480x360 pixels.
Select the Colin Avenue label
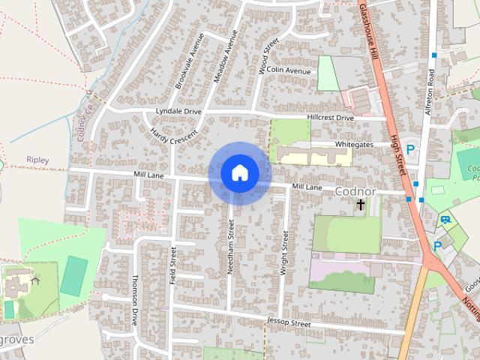(x=289, y=70)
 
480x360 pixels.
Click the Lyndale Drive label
(x=178, y=111)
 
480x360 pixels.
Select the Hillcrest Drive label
(x=330, y=118)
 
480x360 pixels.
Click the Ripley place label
(x=37, y=160)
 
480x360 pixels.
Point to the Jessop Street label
(x=288, y=323)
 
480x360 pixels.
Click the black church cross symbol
(x=361, y=204)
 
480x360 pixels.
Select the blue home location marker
(x=239, y=173)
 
